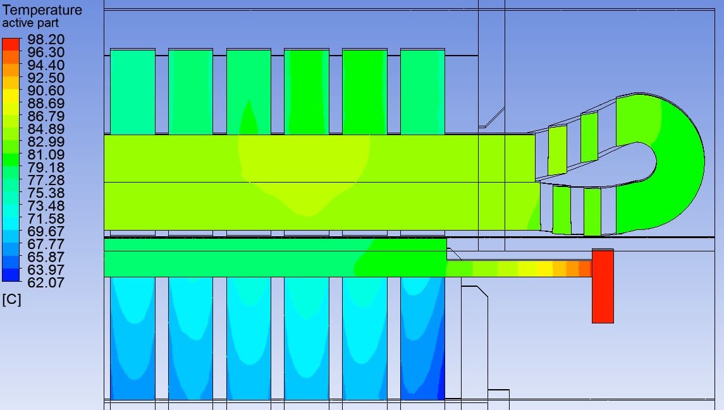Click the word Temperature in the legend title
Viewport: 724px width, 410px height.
(x=42, y=9)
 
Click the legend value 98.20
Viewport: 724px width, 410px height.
(x=46, y=40)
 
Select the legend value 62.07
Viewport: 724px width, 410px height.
(x=46, y=282)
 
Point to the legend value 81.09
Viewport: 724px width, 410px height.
(x=46, y=155)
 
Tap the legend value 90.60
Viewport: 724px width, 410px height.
(x=46, y=91)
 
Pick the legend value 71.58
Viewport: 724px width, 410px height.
(x=46, y=219)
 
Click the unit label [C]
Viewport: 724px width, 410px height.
(x=11, y=300)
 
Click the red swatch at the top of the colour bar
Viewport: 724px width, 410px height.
(x=11, y=44)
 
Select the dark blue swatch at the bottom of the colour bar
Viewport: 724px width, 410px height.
(x=11, y=275)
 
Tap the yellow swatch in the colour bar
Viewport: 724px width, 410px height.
(x=11, y=95)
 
